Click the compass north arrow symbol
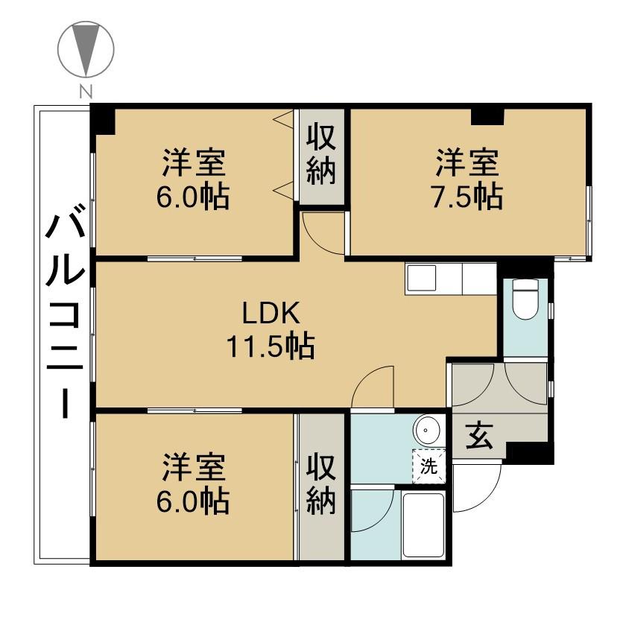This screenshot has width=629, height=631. click(x=86, y=48)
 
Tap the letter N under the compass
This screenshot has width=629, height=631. click(x=86, y=92)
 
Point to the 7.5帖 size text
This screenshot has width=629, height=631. click(x=467, y=197)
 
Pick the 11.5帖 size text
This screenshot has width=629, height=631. click(x=271, y=347)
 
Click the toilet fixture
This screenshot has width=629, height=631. click(x=525, y=300)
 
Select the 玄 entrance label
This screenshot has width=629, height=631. click(x=479, y=436)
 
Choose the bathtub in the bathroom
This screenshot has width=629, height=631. click(x=423, y=525)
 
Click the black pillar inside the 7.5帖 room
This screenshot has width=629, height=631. click(x=487, y=117)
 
